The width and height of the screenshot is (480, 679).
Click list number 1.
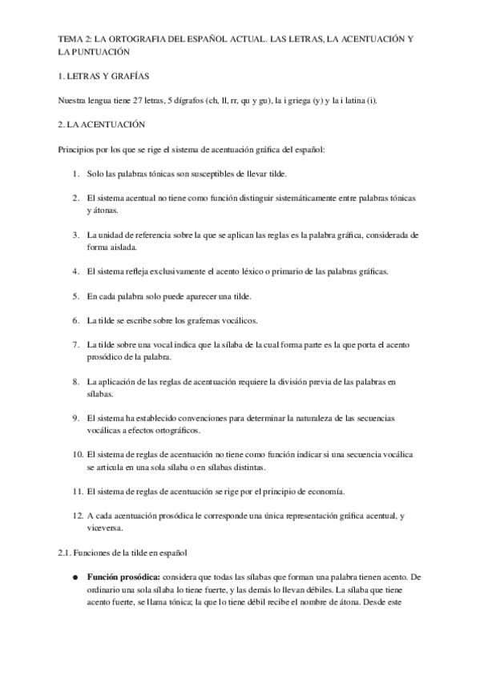75,174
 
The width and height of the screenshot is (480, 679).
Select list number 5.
75,296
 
